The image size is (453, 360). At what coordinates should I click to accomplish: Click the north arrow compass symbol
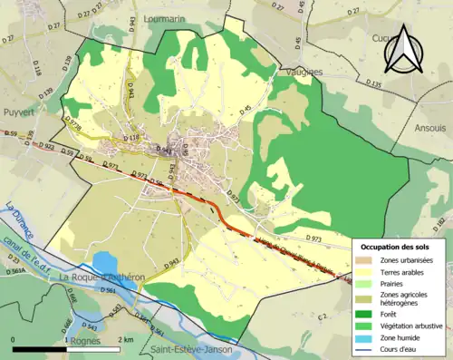pyautogui.click(x=401, y=50)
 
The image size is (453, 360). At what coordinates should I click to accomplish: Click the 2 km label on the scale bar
pyautogui.click(x=127, y=339)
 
